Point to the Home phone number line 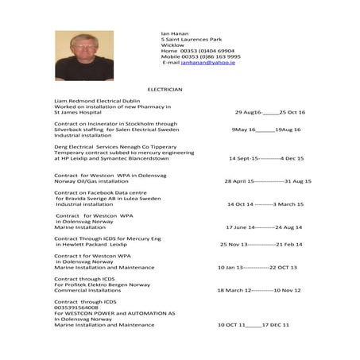pos(198,51)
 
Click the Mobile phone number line pos(201,56)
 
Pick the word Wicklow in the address pos(172,45)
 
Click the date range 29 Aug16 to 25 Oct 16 pos(270,112)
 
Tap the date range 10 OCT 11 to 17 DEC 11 pos(254,325)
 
